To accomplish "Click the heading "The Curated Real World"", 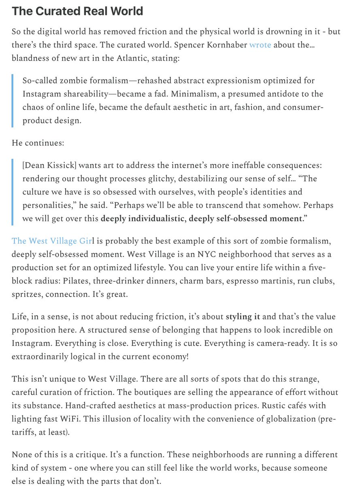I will coord(77,11).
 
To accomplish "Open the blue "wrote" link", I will coord(260,45).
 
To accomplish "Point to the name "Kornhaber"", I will coord(225,45).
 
